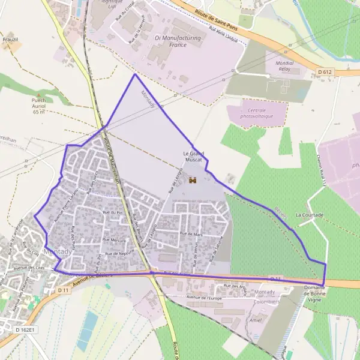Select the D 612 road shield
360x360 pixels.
click(325, 72)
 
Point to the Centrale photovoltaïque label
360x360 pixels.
click(256, 113)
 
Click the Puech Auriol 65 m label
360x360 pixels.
click(39, 106)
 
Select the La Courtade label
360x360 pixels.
click(310, 215)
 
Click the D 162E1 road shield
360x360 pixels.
click(26, 330)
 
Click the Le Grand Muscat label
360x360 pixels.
click(193, 157)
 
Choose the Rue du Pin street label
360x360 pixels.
click(112, 212)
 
